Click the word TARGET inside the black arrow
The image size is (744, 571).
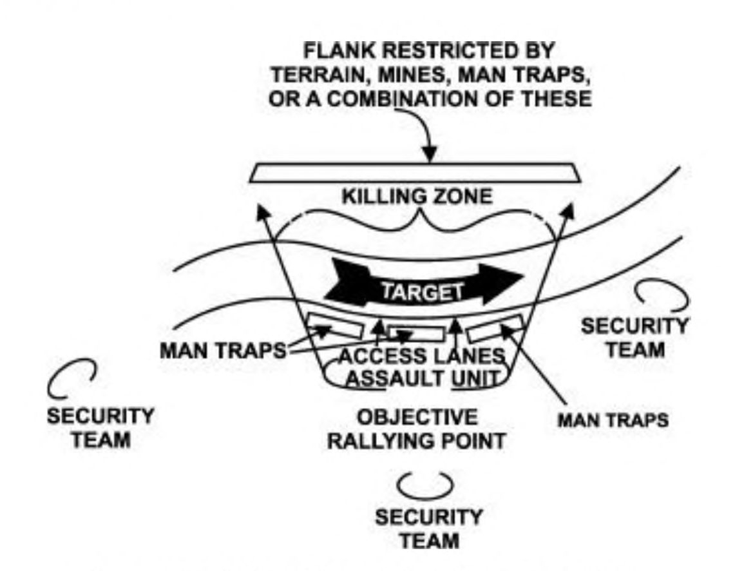coord(423,291)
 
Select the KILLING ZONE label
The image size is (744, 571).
coord(416,195)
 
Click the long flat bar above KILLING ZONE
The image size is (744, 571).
coord(415,172)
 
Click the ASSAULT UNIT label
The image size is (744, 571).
coord(423,377)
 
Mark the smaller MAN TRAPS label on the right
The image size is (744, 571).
coord(612,420)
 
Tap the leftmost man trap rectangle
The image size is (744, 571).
coord(334,326)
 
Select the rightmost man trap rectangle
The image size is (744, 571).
coord(495,328)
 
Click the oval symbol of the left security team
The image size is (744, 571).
coord(72,380)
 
